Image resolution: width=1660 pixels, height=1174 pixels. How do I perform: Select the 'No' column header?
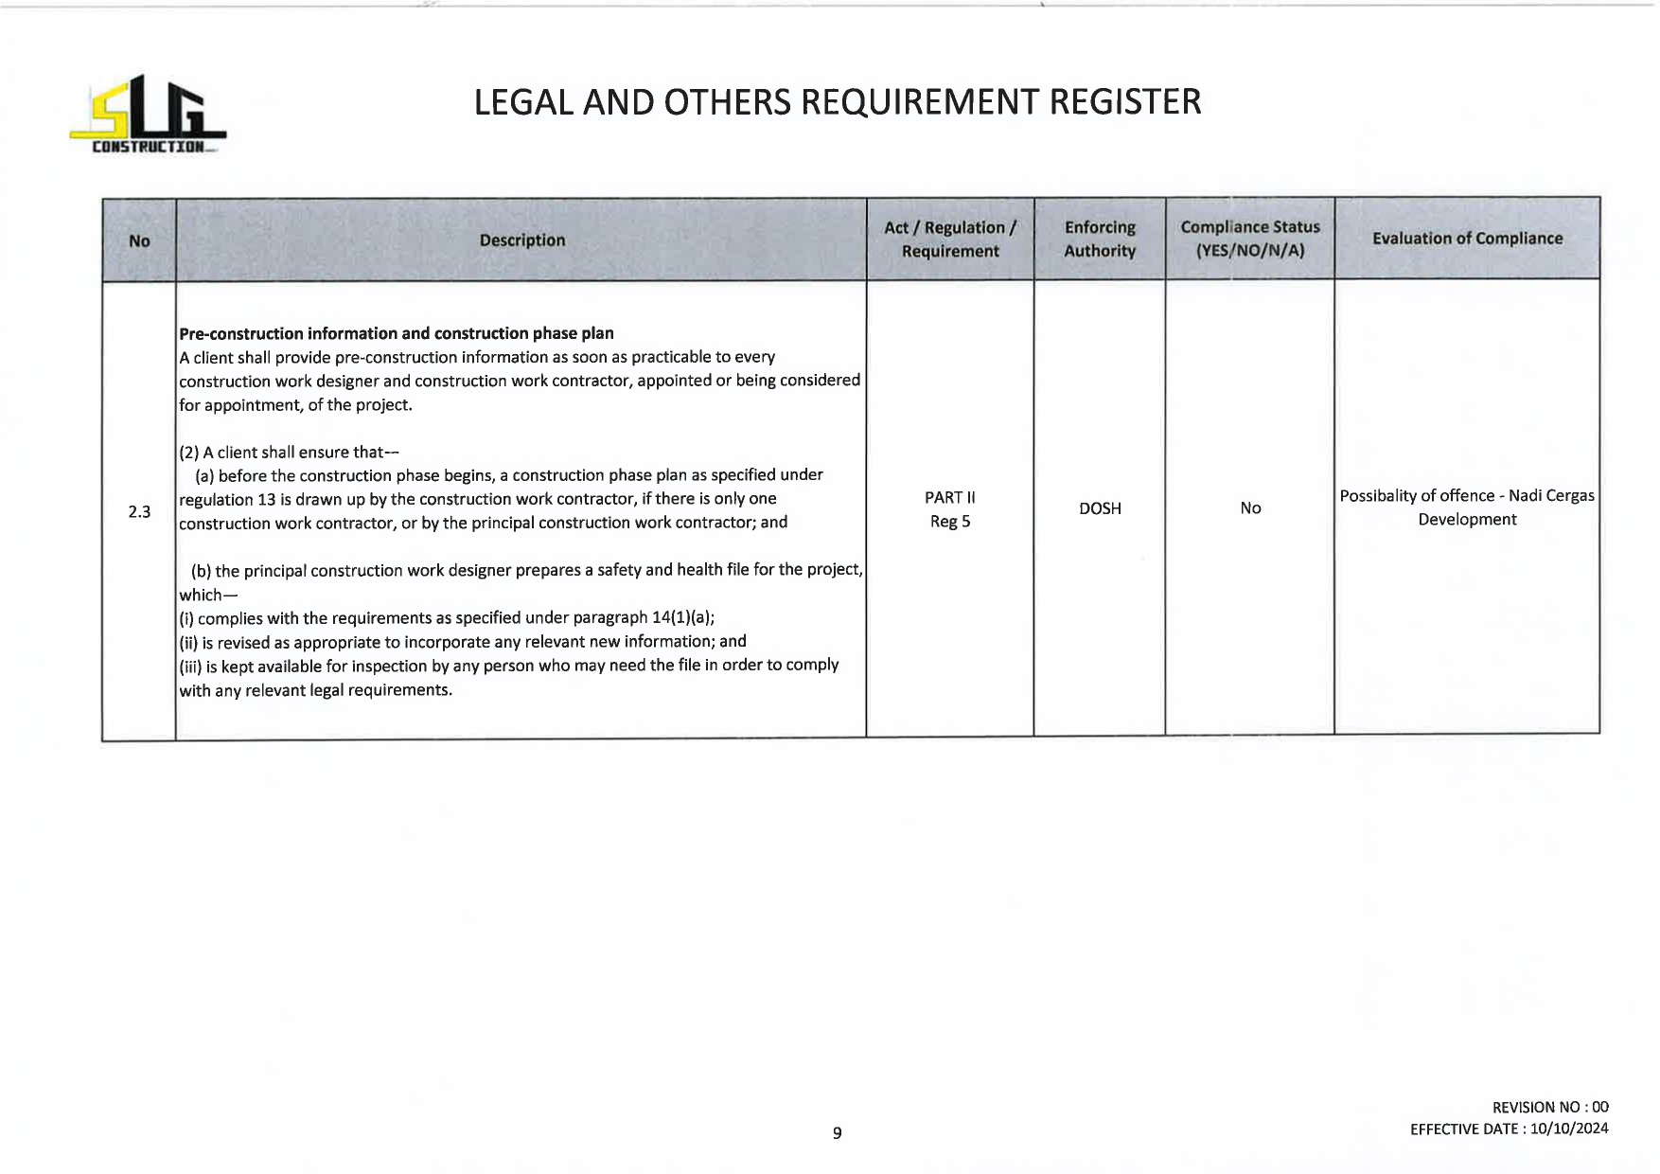(x=139, y=240)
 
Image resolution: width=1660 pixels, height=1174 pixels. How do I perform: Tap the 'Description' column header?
(x=521, y=240)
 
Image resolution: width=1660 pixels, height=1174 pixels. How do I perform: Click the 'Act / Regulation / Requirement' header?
(x=949, y=240)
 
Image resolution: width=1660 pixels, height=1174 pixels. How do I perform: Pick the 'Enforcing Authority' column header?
(x=1099, y=240)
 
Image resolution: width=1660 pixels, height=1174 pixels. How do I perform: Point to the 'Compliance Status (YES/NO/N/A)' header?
(x=1249, y=239)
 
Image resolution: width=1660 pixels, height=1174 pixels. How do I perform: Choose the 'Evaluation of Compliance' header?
(x=1467, y=239)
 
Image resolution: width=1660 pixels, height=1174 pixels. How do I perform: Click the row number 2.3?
(x=139, y=512)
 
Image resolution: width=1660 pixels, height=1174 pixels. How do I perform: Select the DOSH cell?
(x=1100, y=508)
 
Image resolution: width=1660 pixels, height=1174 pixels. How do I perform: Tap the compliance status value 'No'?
(x=1250, y=508)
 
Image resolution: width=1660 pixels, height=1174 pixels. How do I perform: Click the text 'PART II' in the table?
(x=949, y=497)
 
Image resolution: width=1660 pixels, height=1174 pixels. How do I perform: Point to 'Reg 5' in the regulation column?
(x=949, y=522)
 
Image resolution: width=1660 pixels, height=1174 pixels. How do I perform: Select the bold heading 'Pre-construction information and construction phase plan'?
(x=397, y=333)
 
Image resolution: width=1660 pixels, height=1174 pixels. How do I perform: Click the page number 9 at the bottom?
(x=837, y=1132)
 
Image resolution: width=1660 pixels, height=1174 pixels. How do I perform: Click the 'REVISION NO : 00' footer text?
(x=1549, y=1107)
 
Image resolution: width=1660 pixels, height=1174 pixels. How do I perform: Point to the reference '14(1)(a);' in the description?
(x=683, y=618)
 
